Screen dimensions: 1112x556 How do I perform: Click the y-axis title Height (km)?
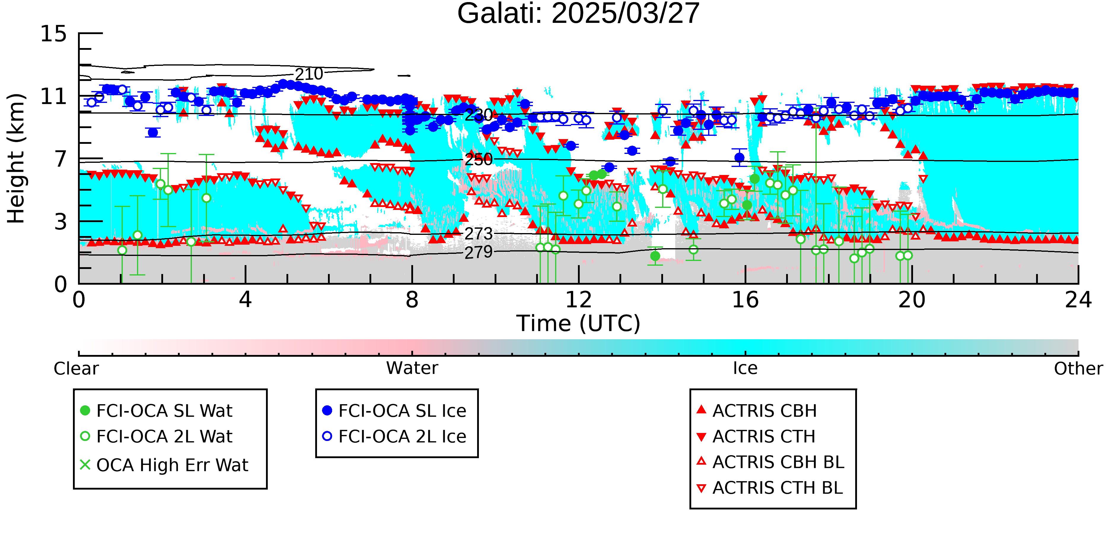pyautogui.click(x=16, y=158)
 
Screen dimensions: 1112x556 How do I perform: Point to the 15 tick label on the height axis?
pyautogui.click(x=54, y=34)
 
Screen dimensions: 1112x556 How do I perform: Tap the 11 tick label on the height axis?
pyautogui.click(x=54, y=96)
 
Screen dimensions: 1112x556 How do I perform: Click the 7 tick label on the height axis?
pyautogui.click(x=61, y=159)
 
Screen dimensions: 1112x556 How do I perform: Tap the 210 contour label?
pyautogui.click(x=309, y=74)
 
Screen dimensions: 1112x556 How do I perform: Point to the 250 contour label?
pyautogui.click(x=478, y=160)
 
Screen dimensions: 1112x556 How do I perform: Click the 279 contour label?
pyautogui.click(x=478, y=252)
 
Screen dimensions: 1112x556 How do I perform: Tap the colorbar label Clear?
pyautogui.click(x=76, y=369)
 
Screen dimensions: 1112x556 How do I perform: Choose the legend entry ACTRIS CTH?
pyautogui.click(x=756, y=436)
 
